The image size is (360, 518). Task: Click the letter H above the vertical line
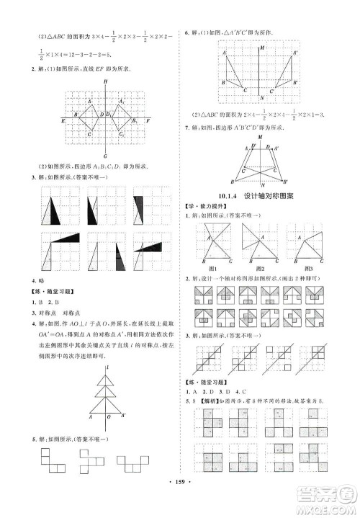pyautogui.click(x=105, y=81)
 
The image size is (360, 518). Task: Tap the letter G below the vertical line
pyautogui.click(x=105, y=156)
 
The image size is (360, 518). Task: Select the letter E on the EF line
pyautogui.click(x=63, y=122)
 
